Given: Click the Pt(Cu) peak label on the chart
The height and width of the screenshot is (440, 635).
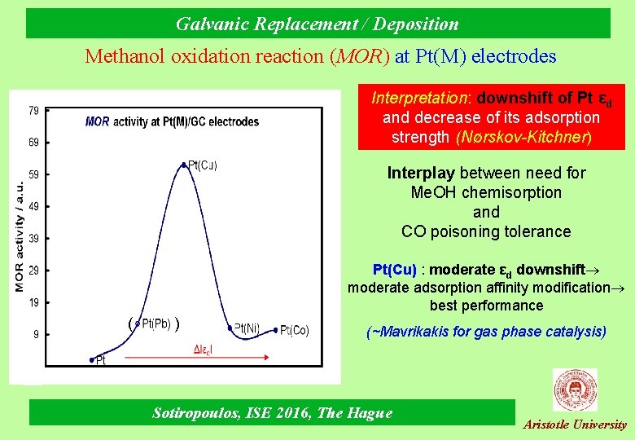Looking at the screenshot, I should click(203, 165).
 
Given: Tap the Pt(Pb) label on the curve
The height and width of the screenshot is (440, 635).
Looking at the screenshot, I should click(155, 324).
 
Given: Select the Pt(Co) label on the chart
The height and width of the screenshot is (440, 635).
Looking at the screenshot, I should click(295, 331).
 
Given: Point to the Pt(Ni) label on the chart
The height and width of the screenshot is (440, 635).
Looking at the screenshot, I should click(247, 328).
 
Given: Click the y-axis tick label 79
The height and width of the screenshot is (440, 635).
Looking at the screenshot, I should click(33, 110).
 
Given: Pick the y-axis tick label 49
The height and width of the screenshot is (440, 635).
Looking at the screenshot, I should click(33, 206).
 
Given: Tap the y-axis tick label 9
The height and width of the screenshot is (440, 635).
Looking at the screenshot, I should click(36, 333).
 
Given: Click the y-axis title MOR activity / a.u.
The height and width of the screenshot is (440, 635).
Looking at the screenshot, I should click(19, 236).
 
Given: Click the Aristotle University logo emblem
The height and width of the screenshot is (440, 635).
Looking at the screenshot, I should click(575, 389).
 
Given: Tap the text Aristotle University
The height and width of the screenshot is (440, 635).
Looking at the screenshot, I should click(575, 425).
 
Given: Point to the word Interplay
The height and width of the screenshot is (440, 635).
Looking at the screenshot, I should click(422, 173).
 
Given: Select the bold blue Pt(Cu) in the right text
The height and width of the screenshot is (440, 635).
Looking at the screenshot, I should click(394, 270).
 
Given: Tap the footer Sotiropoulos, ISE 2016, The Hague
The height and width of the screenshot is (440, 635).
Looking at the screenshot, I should click(272, 413).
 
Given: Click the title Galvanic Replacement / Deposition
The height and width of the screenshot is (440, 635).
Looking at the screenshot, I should click(317, 24).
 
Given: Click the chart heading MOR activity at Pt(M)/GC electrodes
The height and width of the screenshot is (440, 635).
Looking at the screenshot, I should click(172, 122).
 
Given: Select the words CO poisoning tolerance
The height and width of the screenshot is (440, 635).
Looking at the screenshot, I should click(486, 231).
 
